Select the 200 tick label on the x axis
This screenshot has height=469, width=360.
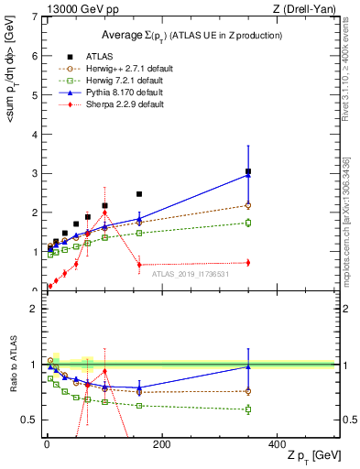(x=161, y=444)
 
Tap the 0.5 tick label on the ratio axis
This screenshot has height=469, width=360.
(x=28, y=420)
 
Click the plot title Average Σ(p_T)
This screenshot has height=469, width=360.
(x=191, y=35)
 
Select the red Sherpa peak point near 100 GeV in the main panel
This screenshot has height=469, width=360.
(x=104, y=213)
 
